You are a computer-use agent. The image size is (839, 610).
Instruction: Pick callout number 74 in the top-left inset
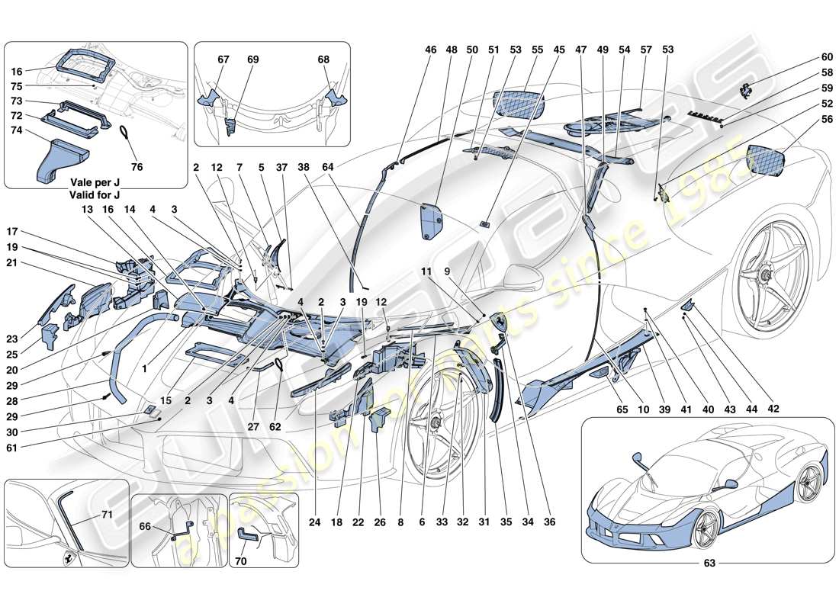(16, 130)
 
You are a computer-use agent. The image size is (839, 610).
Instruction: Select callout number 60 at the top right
(805, 57)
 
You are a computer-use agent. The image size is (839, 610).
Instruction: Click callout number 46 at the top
(432, 50)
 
